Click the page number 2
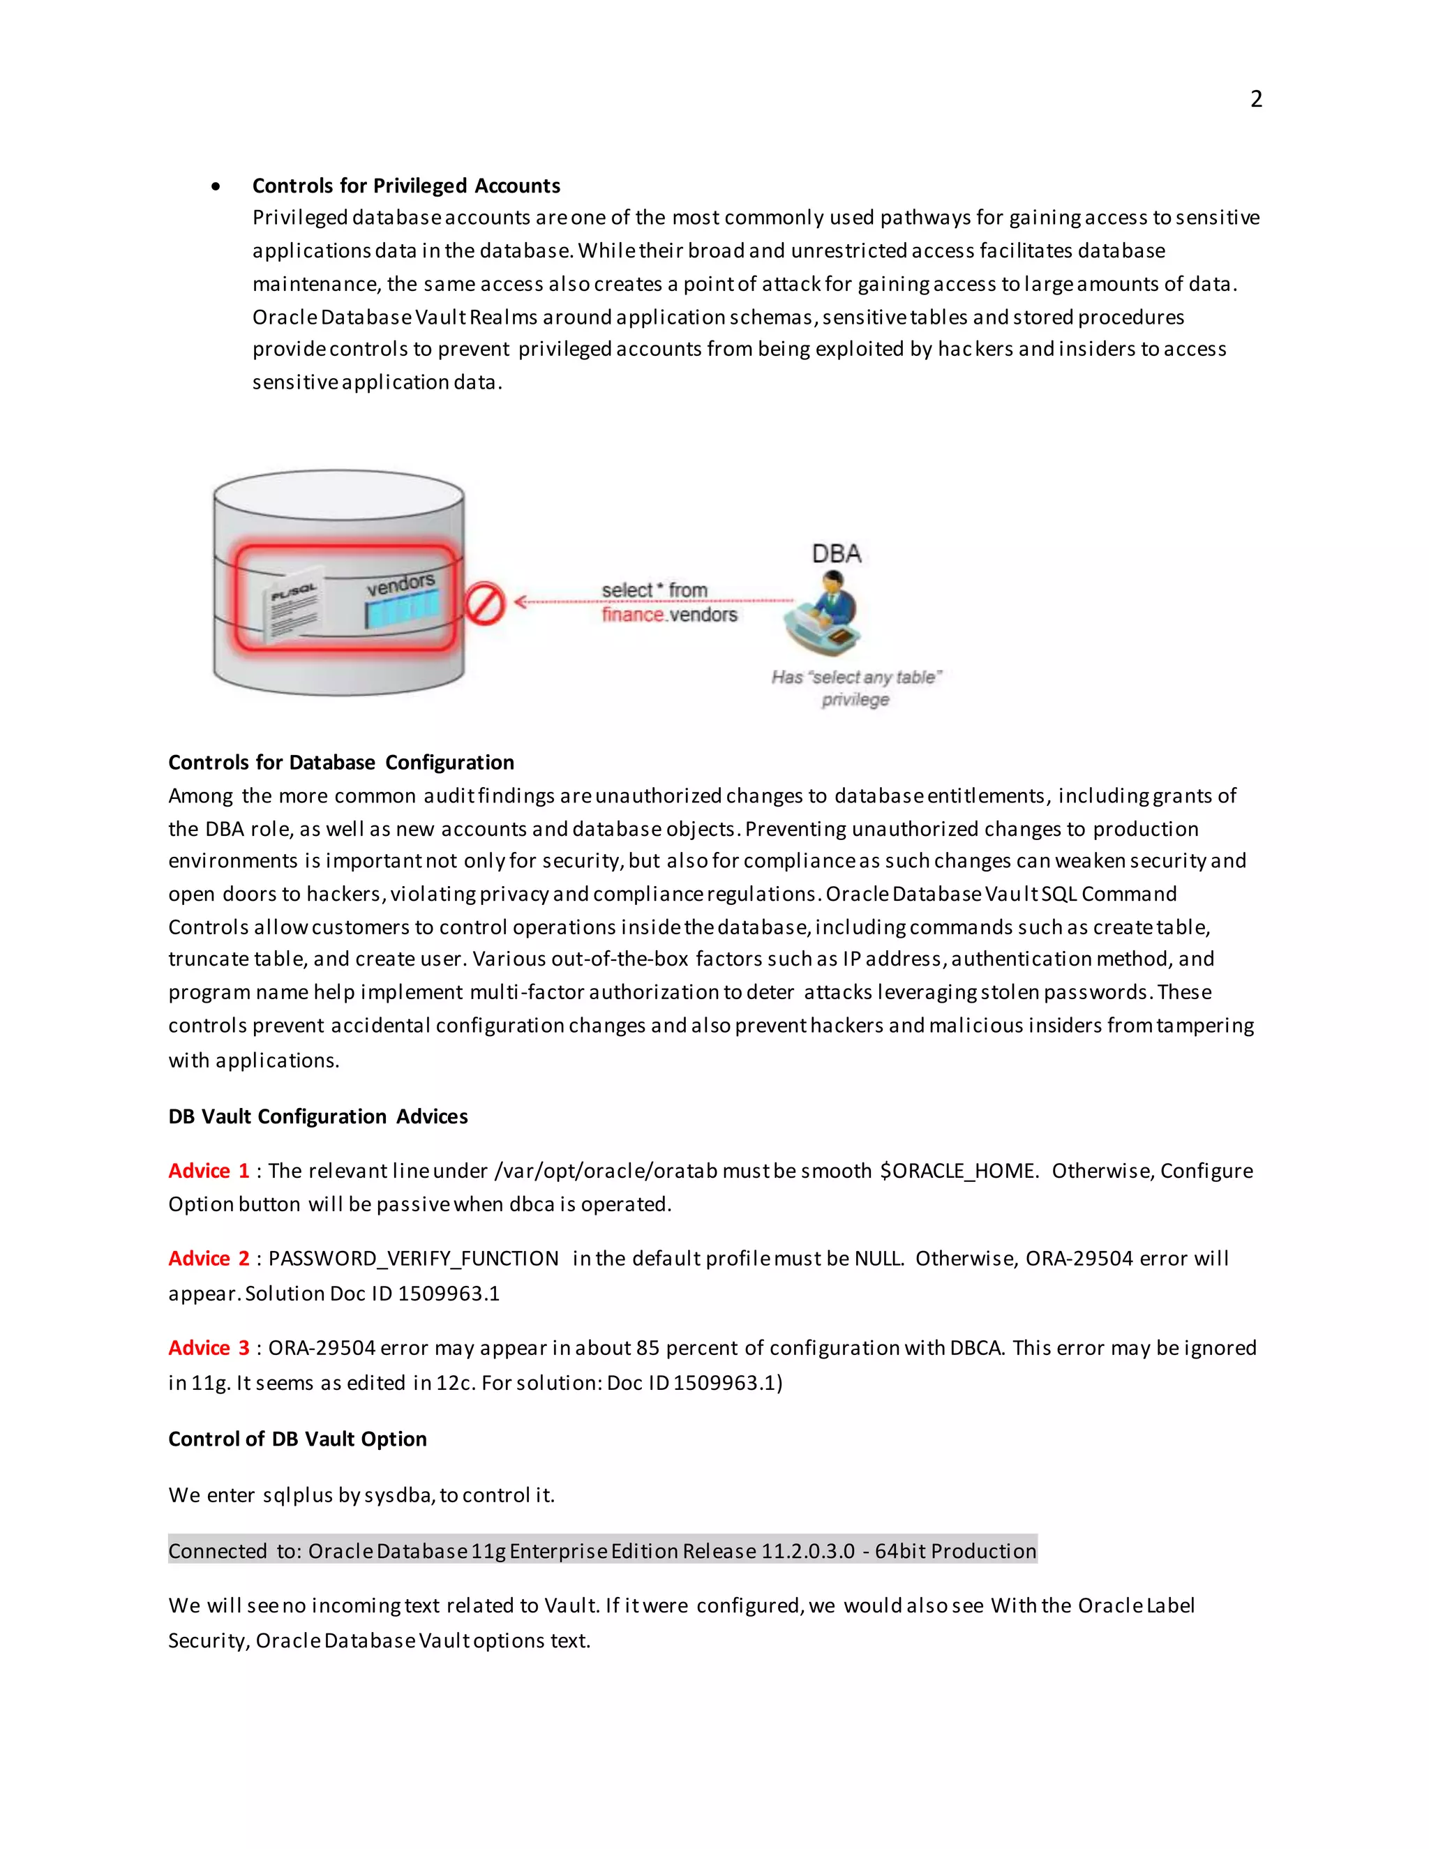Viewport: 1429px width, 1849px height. [1255, 99]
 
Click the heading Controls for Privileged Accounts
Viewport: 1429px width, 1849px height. [405, 186]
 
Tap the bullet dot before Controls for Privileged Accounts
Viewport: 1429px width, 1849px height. [217, 186]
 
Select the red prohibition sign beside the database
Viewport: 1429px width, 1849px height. [485, 604]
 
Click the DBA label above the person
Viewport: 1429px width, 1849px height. [837, 554]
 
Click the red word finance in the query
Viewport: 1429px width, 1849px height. [632, 615]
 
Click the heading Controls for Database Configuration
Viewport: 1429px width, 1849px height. [341, 762]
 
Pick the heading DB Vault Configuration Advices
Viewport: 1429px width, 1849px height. [317, 1116]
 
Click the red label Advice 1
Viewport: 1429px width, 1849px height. [208, 1170]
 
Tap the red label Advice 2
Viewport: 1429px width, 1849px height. [208, 1258]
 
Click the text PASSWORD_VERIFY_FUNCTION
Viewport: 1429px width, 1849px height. [413, 1258]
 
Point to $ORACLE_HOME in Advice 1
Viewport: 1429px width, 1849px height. [958, 1170]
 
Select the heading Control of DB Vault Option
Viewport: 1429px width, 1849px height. [297, 1439]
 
